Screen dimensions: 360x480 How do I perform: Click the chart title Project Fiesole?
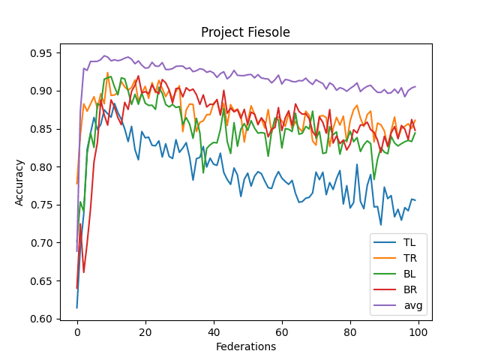[245, 32]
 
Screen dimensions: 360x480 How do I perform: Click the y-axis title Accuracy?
[20, 181]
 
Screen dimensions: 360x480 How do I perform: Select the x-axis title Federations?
[245, 346]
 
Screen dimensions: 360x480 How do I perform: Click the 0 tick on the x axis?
[77, 332]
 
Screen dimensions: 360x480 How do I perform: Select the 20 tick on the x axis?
[145, 332]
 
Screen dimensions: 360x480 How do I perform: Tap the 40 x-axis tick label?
[214, 332]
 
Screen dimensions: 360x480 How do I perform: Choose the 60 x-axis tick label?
[282, 332]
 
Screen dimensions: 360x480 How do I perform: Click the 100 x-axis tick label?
[418, 332]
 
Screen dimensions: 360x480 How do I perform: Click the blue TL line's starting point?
[77, 307]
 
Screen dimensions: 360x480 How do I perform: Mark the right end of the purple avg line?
[415, 86]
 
